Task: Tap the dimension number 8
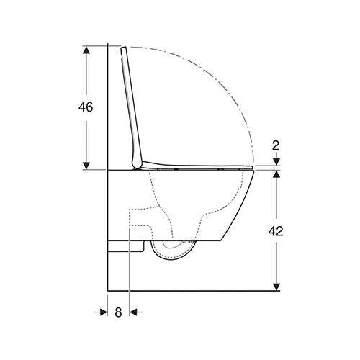(118, 312)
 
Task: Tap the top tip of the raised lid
(125, 49)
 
